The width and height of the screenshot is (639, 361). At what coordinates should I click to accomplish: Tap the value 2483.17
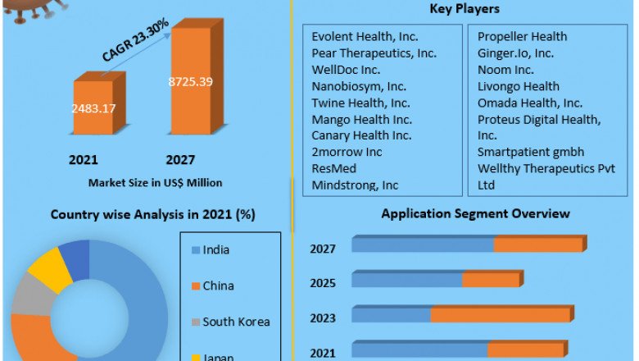[97, 107]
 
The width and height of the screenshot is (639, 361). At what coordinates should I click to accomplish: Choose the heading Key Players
[465, 9]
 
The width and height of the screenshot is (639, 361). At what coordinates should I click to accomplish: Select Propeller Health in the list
[522, 37]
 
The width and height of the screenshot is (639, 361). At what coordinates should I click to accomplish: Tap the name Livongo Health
[519, 86]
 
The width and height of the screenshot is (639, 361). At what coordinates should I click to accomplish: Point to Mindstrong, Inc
[355, 185]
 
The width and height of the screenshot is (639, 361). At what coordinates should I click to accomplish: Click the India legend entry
[218, 249]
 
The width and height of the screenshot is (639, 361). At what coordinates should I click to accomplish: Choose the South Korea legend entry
[236, 322]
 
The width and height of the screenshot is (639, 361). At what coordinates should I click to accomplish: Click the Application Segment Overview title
[475, 213]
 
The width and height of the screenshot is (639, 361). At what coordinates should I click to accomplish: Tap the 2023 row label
[323, 318]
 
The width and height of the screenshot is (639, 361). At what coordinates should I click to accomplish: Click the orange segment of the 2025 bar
[491, 281]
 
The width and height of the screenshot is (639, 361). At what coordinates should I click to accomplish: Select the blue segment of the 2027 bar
[423, 245]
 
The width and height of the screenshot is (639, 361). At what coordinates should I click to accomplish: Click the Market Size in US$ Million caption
[155, 182]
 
